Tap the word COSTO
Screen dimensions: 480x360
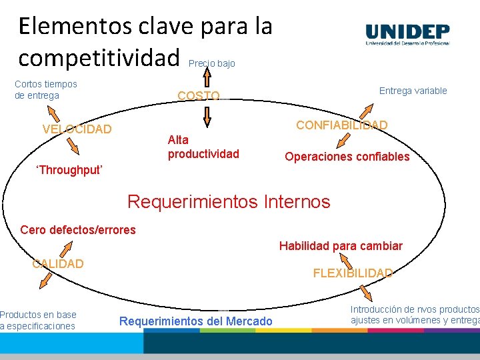(x=198, y=96)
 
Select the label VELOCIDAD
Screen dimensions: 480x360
(x=77, y=129)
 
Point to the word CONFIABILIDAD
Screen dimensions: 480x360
(x=341, y=125)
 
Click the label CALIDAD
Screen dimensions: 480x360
(x=58, y=264)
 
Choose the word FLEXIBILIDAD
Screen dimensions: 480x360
(x=353, y=273)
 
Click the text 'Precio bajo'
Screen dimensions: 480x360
(x=212, y=64)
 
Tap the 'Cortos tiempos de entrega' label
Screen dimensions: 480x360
(x=46, y=90)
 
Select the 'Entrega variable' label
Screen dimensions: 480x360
(x=413, y=91)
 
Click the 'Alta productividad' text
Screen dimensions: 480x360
(x=203, y=147)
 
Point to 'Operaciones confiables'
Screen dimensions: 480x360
(x=347, y=157)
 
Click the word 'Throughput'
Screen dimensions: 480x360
(x=69, y=170)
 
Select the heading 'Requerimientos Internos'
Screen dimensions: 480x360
(x=228, y=201)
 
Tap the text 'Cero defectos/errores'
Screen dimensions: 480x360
(x=78, y=230)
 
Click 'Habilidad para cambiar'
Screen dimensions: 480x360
(x=340, y=246)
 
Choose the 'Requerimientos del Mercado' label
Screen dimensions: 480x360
(x=195, y=322)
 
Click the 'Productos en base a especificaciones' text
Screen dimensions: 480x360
(x=39, y=321)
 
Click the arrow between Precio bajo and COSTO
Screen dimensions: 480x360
(x=207, y=78)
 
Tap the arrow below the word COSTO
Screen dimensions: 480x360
(x=207, y=116)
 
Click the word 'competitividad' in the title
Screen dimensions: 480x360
(x=100, y=57)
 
